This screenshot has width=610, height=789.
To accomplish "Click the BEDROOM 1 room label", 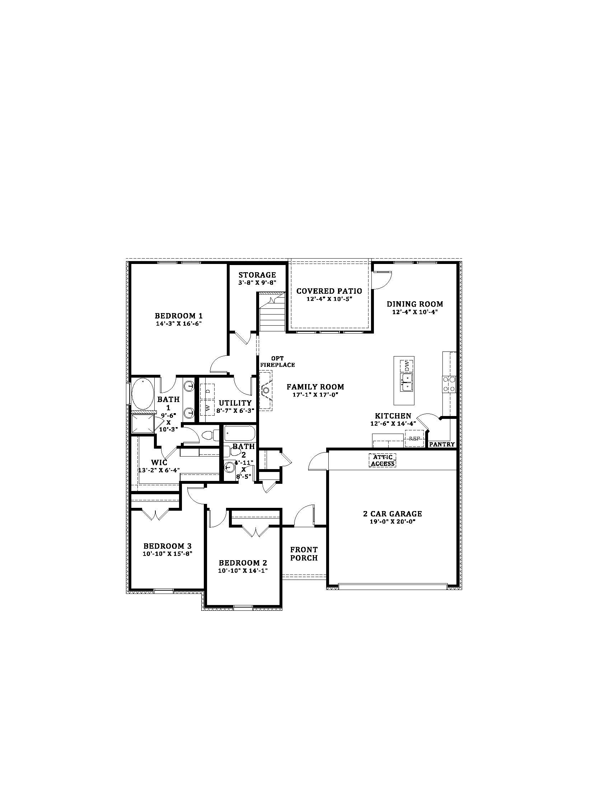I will pyautogui.click(x=179, y=316).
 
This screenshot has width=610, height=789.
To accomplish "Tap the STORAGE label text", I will pyautogui.click(x=257, y=275).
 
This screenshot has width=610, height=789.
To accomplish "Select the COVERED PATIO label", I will pyautogui.click(x=329, y=291).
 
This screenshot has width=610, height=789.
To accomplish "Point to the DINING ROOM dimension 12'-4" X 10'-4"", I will pyautogui.click(x=415, y=312).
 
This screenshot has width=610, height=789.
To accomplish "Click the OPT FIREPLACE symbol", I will pyautogui.click(x=266, y=390).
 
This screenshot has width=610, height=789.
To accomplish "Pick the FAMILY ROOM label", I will pyautogui.click(x=315, y=387).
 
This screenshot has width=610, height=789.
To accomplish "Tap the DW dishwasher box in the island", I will pyautogui.click(x=407, y=365).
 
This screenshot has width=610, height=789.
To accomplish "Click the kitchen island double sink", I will pyautogui.click(x=407, y=382).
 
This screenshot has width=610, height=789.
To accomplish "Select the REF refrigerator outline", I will pyautogui.click(x=414, y=439).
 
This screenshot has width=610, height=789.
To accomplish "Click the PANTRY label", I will pyautogui.click(x=442, y=444).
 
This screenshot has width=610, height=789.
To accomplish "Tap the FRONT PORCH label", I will pyautogui.click(x=304, y=554).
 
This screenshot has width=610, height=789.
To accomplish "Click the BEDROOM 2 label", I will pyautogui.click(x=243, y=563).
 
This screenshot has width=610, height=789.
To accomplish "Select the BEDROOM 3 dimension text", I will pyautogui.click(x=167, y=553).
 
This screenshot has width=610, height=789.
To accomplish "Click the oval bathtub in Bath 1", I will pyautogui.click(x=142, y=393).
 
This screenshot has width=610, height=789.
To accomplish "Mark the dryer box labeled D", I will pyautogui.click(x=207, y=391).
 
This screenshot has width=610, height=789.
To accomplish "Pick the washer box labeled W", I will pyautogui.click(x=207, y=407).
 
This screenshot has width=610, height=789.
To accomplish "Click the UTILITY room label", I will pyautogui.click(x=235, y=403).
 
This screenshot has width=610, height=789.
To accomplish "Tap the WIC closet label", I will pyautogui.click(x=159, y=462).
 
